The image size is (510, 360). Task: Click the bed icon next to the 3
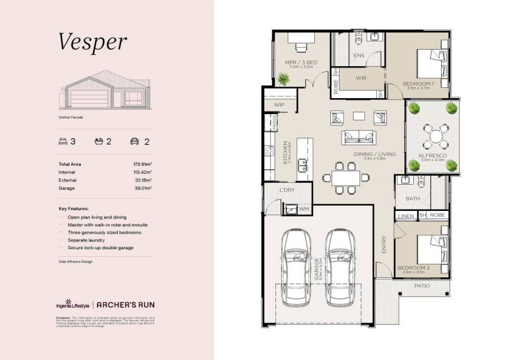pyautogui.click(x=62, y=141)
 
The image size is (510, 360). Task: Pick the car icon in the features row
pyautogui.click(x=135, y=141)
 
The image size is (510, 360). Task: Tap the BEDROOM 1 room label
pyautogui.click(x=418, y=83)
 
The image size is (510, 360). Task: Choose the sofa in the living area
pyautogui.click(x=358, y=136)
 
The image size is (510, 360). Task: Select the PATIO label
pyautogui.click(x=423, y=286)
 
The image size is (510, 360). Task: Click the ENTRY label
pyautogui.click(x=384, y=245)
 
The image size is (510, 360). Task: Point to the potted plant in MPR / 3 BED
pyautogui.click(x=283, y=79)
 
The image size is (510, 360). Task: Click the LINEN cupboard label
pyautogui.click(x=406, y=216)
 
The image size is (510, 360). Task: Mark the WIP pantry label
pyautogui.click(x=279, y=104)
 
